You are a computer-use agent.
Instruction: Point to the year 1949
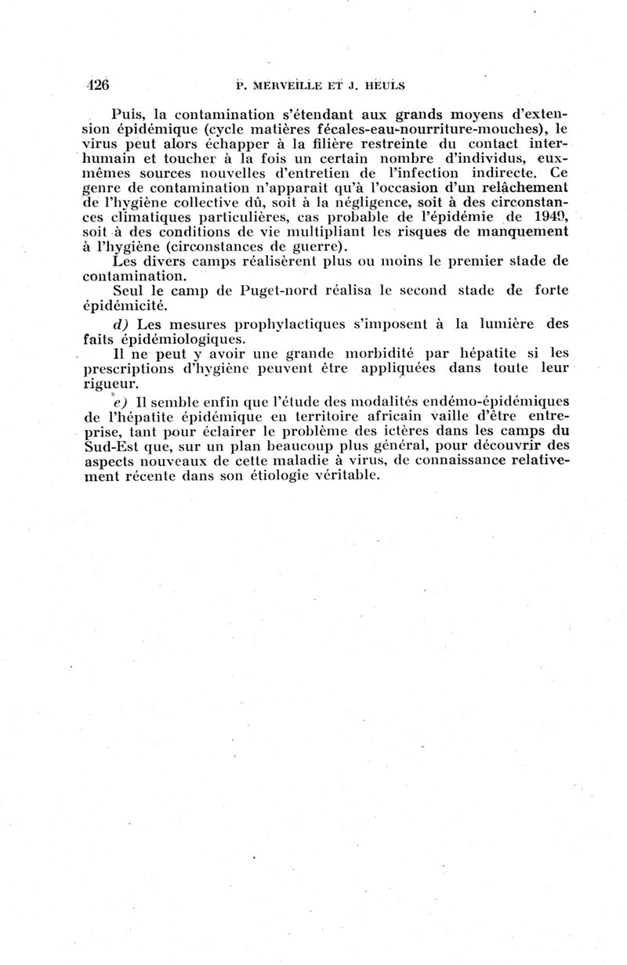(x=550, y=217)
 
